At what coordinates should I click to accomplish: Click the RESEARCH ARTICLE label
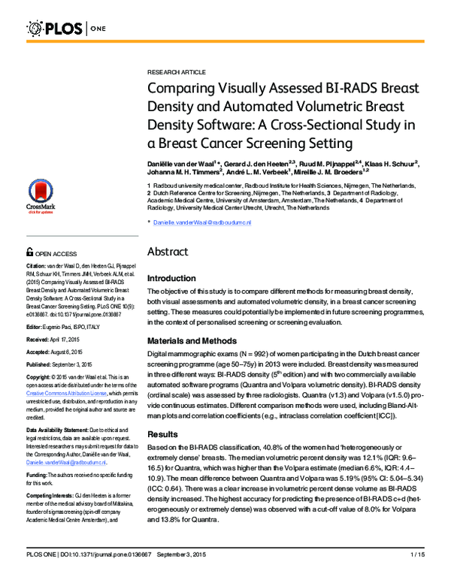176,72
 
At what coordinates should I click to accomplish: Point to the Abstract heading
172,252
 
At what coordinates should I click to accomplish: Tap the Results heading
162,433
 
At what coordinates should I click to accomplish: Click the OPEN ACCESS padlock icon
30,254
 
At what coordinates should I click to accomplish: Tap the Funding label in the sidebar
38,475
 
